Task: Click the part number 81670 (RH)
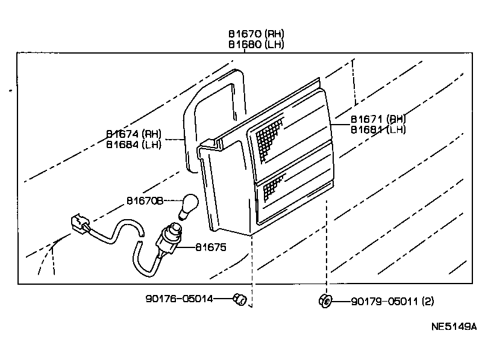click(x=255, y=34)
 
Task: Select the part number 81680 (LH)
click(x=255, y=45)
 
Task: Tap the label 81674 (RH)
click(x=134, y=134)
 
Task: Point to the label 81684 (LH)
click(x=134, y=144)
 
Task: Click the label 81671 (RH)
click(x=378, y=119)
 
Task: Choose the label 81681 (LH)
click(x=378, y=129)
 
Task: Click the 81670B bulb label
click(x=145, y=200)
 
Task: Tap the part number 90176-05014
click(x=179, y=298)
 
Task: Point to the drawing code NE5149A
click(x=453, y=327)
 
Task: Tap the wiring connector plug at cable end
click(x=77, y=223)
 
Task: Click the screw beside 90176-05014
click(x=240, y=299)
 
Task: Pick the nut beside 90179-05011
click(x=324, y=300)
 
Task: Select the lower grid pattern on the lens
click(x=273, y=187)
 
